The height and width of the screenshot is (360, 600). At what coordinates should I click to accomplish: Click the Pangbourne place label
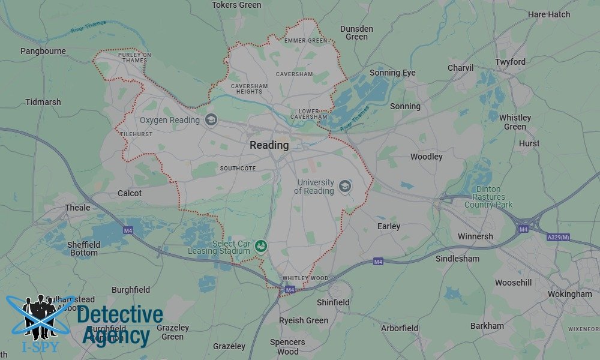pyautogui.click(x=43, y=51)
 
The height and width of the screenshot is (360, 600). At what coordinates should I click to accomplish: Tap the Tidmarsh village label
pyautogui.click(x=43, y=102)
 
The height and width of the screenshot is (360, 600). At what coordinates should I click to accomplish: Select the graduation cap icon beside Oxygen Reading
pyautogui.click(x=211, y=120)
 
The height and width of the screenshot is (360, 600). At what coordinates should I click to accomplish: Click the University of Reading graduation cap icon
pyautogui.click(x=344, y=186)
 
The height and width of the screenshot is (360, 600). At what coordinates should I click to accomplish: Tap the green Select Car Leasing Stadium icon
pyautogui.click(x=260, y=245)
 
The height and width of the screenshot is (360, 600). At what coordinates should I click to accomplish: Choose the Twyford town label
pyautogui.click(x=510, y=62)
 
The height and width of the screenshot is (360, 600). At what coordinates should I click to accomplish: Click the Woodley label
pyautogui.click(x=427, y=157)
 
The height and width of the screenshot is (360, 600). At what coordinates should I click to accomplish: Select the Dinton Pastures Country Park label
pyautogui.click(x=488, y=197)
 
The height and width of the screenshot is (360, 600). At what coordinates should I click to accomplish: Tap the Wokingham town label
pyautogui.click(x=569, y=294)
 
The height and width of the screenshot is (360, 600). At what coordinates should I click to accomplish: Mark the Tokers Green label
pyautogui.click(x=237, y=5)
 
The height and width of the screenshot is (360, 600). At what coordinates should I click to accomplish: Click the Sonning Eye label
pyautogui.click(x=392, y=73)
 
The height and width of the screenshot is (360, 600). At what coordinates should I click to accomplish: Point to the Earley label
pyautogui.click(x=389, y=226)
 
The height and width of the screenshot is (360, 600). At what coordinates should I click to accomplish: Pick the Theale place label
pyautogui.click(x=77, y=208)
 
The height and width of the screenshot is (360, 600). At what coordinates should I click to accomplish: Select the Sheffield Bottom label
pyautogui.click(x=83, y=248)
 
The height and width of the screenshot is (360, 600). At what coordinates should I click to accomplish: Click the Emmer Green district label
pyautogui.click(x=306, y=41)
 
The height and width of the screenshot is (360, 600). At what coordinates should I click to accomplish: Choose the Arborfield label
pyautogui.click(x=400, y=328)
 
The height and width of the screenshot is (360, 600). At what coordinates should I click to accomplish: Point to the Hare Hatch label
pyautogui.click(x=549, y=14)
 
